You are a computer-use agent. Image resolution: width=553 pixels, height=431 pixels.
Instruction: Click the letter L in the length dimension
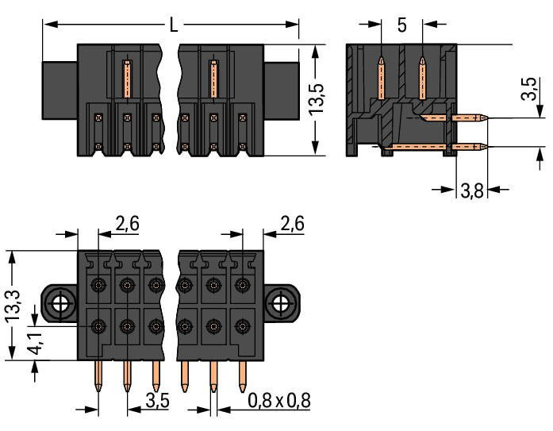(x=172, y=25)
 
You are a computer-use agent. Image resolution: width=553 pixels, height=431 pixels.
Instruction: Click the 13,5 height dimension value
(x=317, y=99)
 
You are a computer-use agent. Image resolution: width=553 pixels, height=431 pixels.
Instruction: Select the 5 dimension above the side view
(x=402, y=25)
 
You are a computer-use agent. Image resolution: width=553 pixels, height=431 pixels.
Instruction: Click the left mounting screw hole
(x=60, y=302)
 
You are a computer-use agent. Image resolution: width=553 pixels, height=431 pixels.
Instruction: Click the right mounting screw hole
(x=279, y=302)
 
